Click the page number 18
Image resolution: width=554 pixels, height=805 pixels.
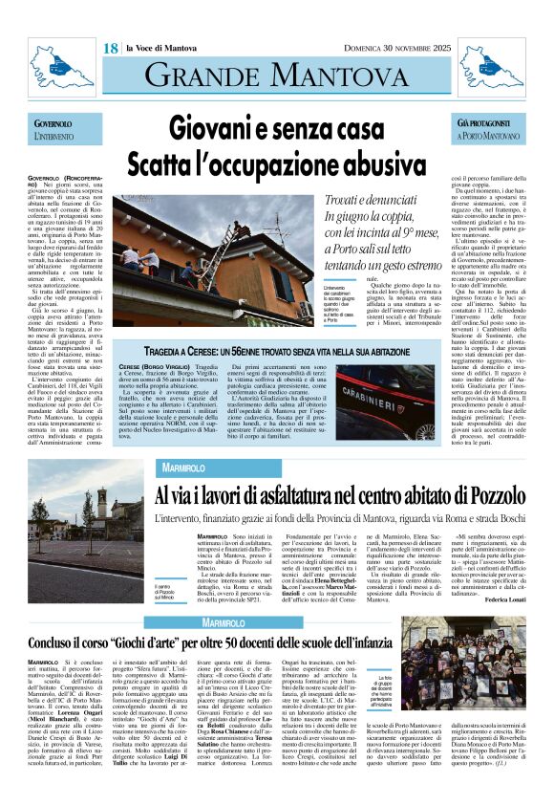pos(110,48)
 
